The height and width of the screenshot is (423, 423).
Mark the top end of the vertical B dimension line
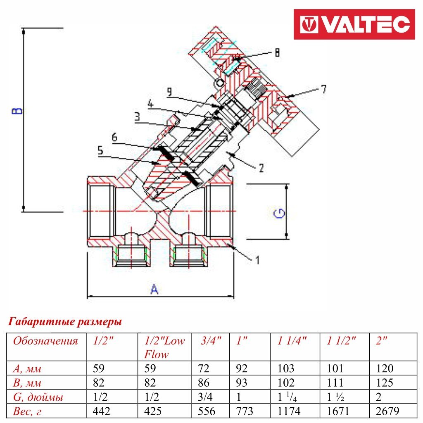click(x=24, y=28)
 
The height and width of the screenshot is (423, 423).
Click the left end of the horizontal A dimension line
click(x=88, y=297)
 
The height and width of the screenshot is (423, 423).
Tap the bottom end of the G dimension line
click(x=287, y=239)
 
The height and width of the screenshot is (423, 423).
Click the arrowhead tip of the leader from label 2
click(x=227, y=152)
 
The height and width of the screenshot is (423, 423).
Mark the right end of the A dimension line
click(x=234, y=297)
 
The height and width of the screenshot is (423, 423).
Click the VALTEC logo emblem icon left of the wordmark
click(x=309, y=24)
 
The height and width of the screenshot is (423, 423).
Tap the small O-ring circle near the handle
click(x=219, y=82)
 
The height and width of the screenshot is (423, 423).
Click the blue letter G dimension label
click(x=279, y=213)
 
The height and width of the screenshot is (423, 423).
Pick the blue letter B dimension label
click(x=17, y=111)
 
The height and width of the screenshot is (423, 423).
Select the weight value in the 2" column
click(x=387, y=411)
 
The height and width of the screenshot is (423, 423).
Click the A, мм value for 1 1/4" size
click(x=286, y=368)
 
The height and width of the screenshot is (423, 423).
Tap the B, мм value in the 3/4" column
click(x=204, y=383)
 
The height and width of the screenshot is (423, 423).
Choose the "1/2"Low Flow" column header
click(x=164, y=347)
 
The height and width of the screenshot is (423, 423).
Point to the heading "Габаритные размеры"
click(x=65, y=321)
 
